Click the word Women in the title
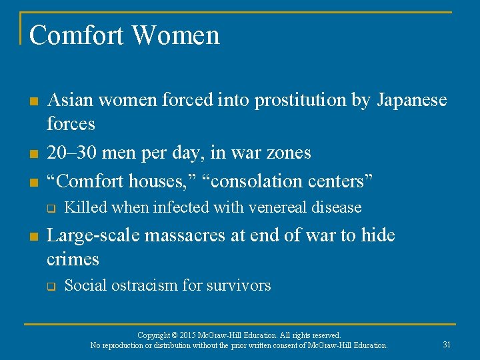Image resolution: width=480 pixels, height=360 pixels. [177, 35]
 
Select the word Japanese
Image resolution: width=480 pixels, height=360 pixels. [412, 101]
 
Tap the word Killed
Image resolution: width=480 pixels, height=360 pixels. [85, 207]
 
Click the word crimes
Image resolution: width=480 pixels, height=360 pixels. [73, 259]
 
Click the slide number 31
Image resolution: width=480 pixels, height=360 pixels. [447, 344]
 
